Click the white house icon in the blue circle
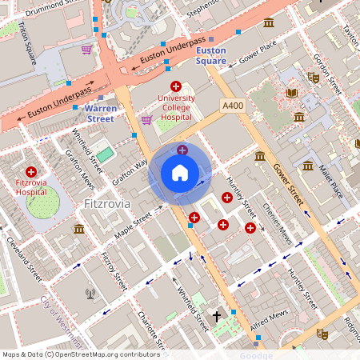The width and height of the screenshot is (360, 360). point(180,173)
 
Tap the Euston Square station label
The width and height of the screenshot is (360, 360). point(211,55)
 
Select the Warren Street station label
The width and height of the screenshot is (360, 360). point(101,113)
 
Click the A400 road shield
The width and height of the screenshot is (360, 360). point(233,106)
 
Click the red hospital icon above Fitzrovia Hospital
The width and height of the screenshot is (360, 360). point(31,172)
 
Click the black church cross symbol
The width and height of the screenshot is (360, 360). point(216,316)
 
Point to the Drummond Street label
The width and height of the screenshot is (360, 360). point(55,6)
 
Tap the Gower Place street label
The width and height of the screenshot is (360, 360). point(258,49)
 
